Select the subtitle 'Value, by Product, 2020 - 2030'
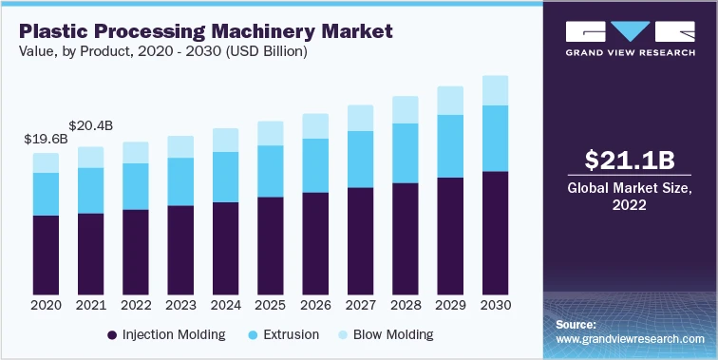158,52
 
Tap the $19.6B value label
46,139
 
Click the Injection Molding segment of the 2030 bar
494,233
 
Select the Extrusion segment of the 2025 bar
270,171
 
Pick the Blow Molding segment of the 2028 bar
405,109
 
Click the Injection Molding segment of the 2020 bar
46,255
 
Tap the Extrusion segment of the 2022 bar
136,186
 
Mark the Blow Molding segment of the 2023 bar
180,146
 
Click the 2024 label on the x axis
225,306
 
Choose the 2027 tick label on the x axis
360,306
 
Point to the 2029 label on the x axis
449,306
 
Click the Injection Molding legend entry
166,334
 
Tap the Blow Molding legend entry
384,334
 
